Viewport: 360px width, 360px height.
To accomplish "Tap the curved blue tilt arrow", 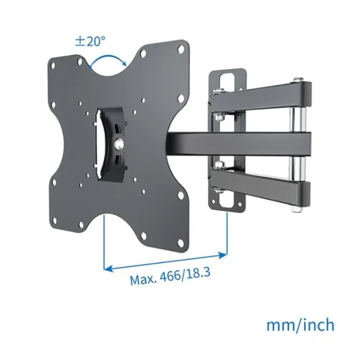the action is tap(108, 57).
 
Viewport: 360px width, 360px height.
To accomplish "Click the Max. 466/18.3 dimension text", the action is tap(170, 276).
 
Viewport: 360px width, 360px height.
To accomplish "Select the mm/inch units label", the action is tap(300, 325).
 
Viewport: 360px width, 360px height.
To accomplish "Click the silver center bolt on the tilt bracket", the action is tap(119, 143).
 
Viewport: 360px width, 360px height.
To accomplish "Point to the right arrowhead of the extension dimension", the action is tap(223, 255).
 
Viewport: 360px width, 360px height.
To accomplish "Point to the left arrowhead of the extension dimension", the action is tap(109, 269).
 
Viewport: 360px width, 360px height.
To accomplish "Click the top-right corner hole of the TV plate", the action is tap(181, 49).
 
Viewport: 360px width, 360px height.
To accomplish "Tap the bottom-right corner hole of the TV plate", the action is tap(181, 243).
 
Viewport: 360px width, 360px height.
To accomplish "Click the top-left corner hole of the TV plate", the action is tap(53, 66).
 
